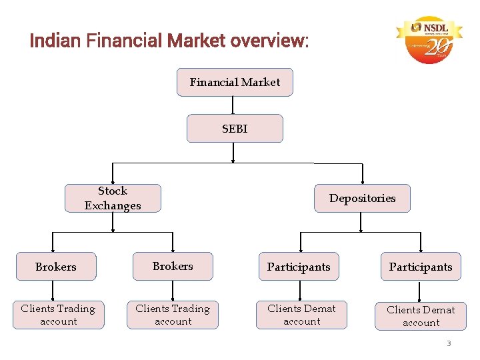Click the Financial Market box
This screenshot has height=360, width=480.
[235, 83]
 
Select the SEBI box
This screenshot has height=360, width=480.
[235, 129]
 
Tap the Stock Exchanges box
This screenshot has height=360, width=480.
[113, 198]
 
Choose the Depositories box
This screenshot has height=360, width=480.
[362, 198]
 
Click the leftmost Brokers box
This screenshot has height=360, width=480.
[56, 267]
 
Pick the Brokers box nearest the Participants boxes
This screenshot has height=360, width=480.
[173, 266]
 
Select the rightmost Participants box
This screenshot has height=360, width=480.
[421, 267]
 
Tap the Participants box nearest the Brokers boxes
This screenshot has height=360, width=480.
[299, 267]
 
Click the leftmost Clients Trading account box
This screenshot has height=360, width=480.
[58, 315]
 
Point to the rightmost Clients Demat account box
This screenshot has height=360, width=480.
[421, 316]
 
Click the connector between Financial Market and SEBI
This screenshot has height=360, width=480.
[233, 105]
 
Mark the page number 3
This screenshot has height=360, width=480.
[449, 343]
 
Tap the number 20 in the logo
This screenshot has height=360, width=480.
[438, 48]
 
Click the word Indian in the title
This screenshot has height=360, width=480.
[55, 41]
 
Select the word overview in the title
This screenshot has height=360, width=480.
[269, 41]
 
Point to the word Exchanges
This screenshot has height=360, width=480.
[113, 205]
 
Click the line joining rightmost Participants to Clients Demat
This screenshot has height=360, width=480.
[420, 291]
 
